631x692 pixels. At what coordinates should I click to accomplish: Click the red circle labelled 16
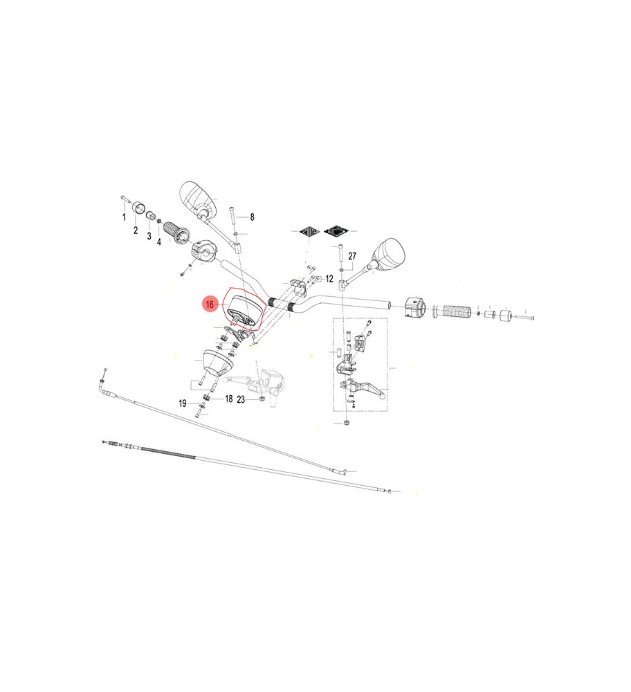coord(210,304)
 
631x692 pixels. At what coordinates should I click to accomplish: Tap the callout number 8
coord(252,217)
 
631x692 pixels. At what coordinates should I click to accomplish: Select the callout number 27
coord(351,256)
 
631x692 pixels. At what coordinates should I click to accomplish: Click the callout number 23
coord(241,399)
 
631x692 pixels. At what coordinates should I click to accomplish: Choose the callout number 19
coord(183,403)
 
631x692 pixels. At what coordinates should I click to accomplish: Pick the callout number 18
coord(228,399)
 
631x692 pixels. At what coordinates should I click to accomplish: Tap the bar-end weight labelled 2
coord(138,207)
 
